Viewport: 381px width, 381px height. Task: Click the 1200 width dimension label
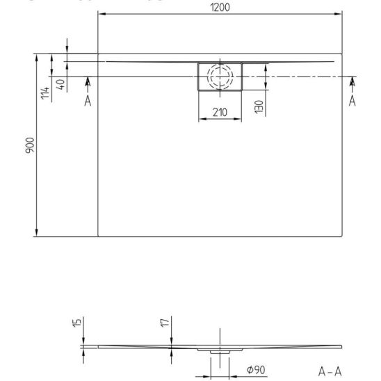coord(220,8)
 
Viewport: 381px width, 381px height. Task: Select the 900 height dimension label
coord(30,145)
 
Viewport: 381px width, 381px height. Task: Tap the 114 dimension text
coord(45,93)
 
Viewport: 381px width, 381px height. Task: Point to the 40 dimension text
coord(60,84)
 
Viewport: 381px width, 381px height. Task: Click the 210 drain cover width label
coord(220,112)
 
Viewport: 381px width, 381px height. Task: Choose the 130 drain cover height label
coord(259,107)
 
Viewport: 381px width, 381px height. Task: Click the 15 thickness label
coord(76,323)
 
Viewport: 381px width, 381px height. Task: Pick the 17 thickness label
coord(165,323)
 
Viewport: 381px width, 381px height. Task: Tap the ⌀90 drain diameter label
coord(256,370)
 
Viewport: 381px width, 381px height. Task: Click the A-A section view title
coord(330,371)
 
